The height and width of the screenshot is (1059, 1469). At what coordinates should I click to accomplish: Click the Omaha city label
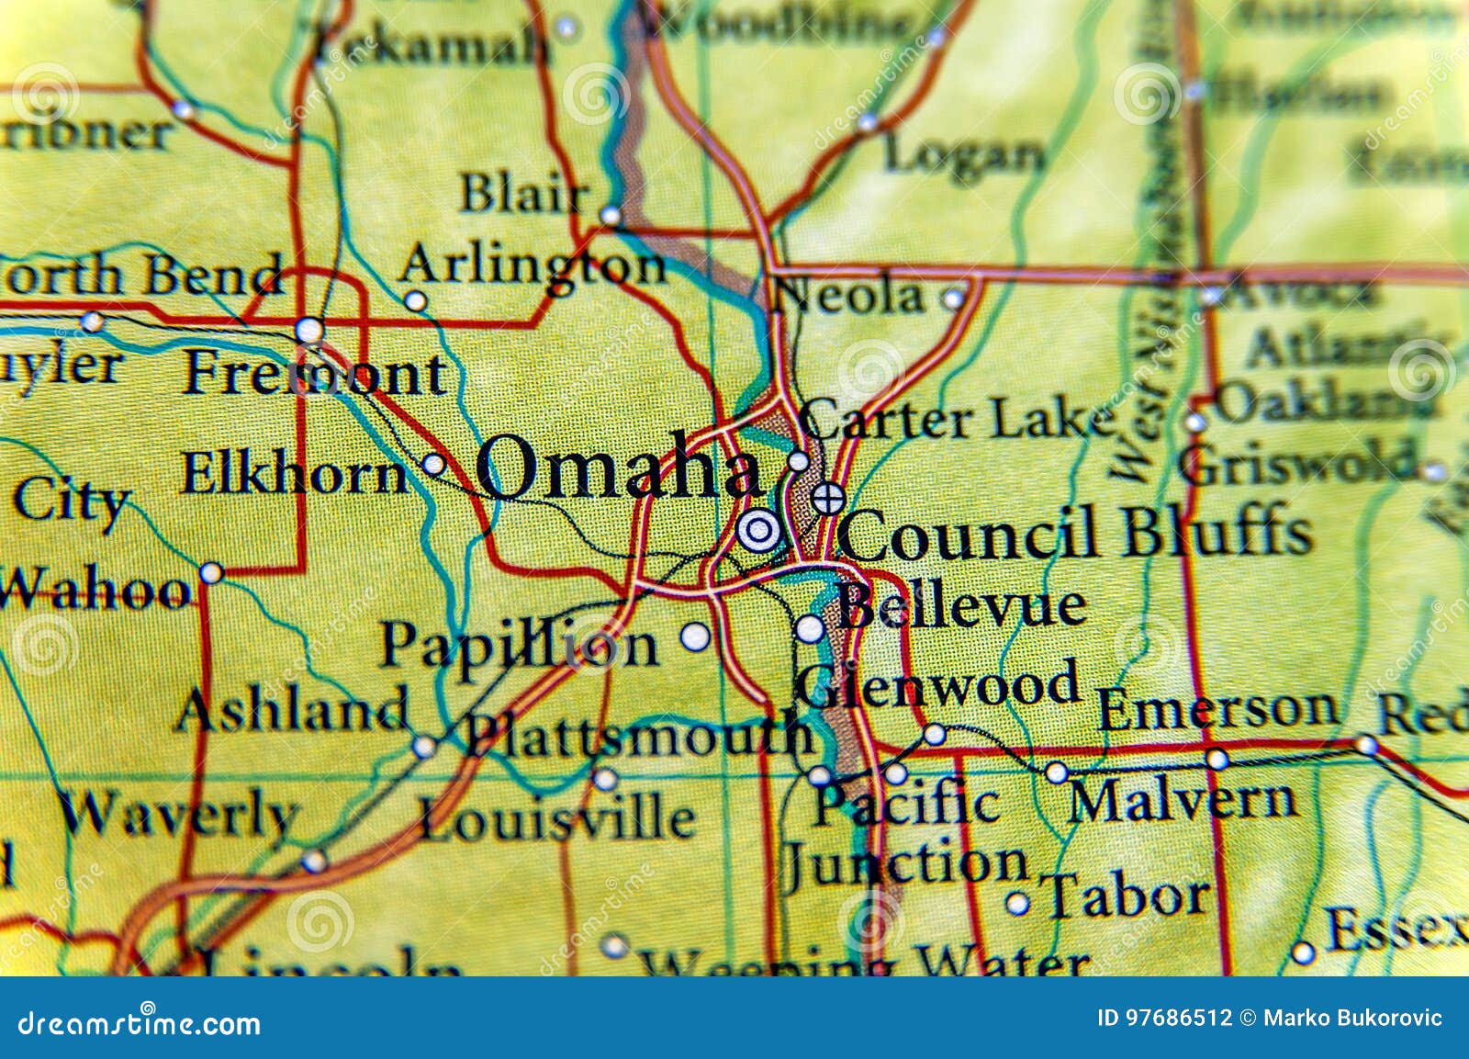[x=617, y=468]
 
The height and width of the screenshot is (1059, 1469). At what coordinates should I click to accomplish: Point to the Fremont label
[x=315, y=374]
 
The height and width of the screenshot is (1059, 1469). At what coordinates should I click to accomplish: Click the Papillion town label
[x=519, y=647]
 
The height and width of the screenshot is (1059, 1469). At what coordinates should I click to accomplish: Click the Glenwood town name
[x=936, y=685]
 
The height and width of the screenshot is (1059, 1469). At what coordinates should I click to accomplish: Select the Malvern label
[x=1183, y=801]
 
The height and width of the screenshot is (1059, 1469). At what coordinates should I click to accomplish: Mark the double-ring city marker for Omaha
[x=758, y=530]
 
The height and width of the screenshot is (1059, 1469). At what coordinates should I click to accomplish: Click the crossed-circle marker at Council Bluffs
[x=828, y=499]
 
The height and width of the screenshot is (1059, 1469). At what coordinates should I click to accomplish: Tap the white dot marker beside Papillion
[x=695, y=636]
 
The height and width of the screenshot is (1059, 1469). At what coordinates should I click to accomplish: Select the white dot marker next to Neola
[x=954, y=299]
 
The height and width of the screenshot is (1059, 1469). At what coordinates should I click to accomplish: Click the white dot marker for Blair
[x=611, y=216]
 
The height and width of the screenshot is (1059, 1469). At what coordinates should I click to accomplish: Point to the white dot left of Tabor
[x=1016, y=904]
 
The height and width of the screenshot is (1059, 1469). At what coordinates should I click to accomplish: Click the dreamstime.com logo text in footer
[x=140, y=1023]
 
